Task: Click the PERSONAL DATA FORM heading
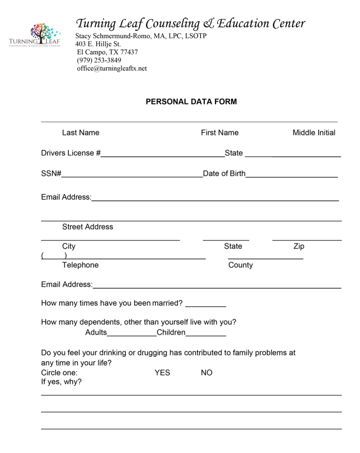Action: (191, 102)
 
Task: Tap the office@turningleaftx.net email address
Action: (112, 68)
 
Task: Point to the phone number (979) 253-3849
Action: (99, 60)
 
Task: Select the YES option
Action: (162, 373)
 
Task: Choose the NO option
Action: (206, 373)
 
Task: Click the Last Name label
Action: (80, 133)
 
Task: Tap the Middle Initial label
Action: (314, 133)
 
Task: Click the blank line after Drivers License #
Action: (162, 154)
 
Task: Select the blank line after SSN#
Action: (132, 175)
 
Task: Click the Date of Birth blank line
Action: (291, 175)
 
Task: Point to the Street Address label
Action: (87, 227)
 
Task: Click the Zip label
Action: (299, 246)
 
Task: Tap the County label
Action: (241, 265)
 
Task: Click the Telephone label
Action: (80, 265)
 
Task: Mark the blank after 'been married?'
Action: (205, 304)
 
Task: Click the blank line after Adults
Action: (132, 334)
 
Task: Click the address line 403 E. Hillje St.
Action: (98, 44)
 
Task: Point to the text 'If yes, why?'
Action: (61, 382)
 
